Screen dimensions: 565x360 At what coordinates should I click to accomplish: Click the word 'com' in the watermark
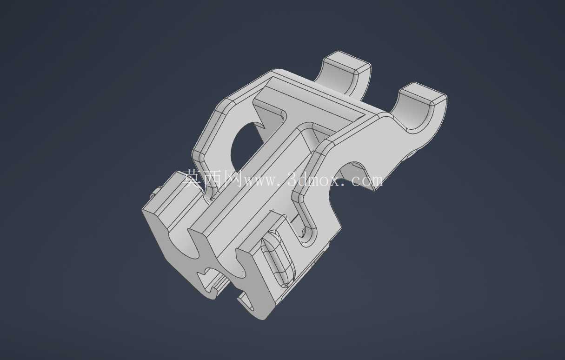point(367,180)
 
